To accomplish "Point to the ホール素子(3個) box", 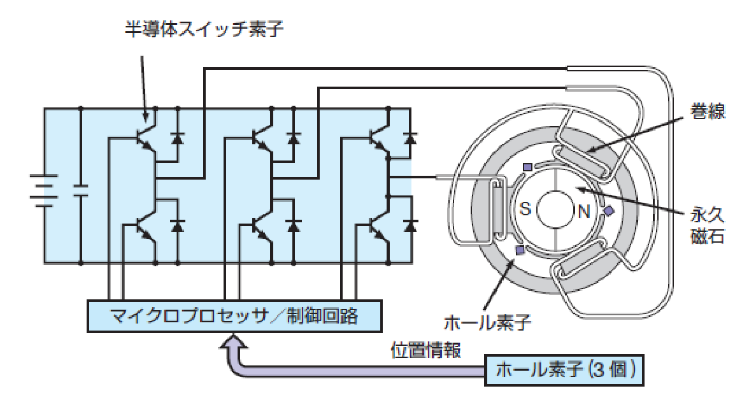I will [x=564, y=370].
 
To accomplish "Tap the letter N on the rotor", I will [x=583, y=211].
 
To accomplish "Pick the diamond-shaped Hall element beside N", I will [x=609, y=211].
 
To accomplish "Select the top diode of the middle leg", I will [x=294, y=137].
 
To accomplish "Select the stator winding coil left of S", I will [x=497, y=207].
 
